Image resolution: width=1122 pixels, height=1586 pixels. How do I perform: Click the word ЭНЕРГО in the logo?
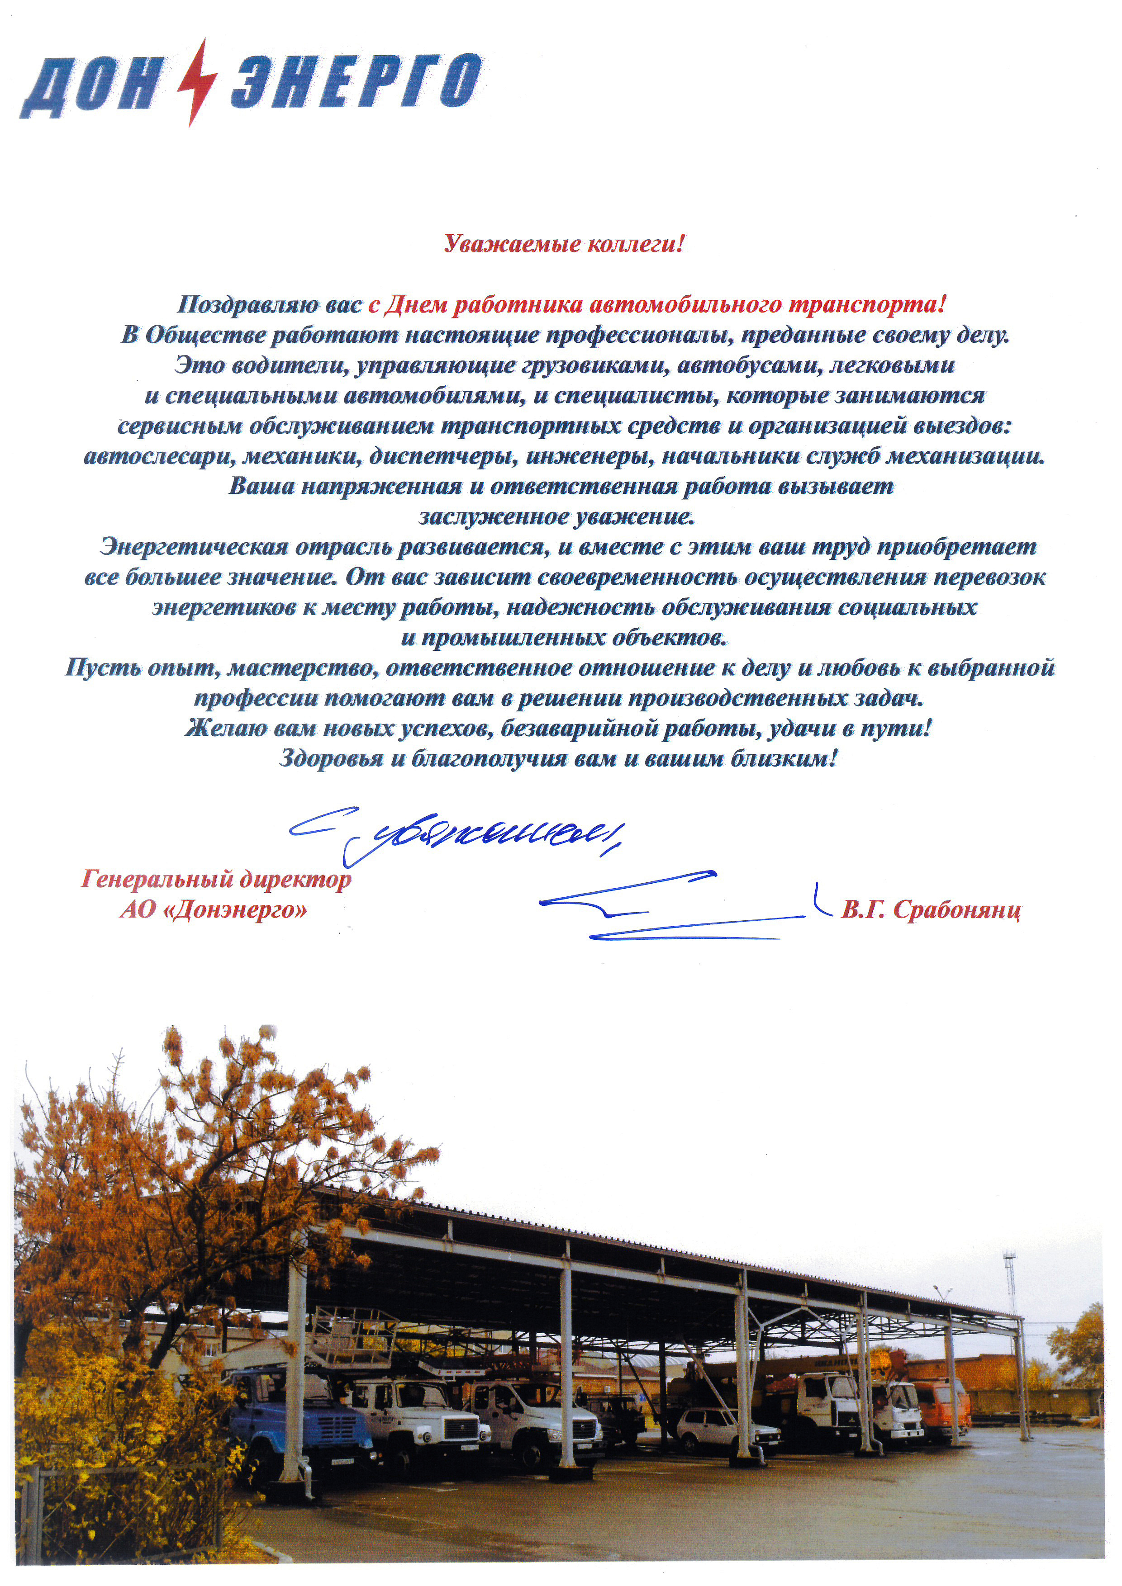click(356, 83)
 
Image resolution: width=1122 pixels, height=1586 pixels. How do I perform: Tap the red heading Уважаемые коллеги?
click(564, 244)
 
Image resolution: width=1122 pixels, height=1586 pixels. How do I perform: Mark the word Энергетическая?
click(194, 547)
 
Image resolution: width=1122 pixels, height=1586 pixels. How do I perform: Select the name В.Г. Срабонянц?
click(930, 910)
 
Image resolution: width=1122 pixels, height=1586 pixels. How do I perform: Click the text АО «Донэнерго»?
click(214, 910)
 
